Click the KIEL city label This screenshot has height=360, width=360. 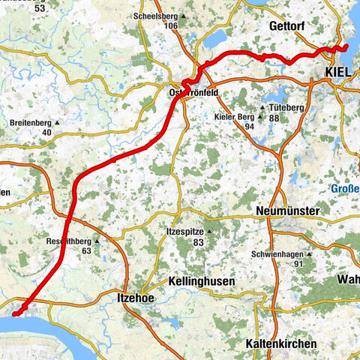point(340,70)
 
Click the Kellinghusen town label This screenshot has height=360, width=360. point(200,280)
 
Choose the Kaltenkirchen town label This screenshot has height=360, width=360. point(281,343)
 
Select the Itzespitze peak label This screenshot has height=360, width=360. point(184,232)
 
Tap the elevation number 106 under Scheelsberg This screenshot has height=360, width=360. point(172,25)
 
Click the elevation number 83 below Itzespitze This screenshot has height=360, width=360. point(197,242)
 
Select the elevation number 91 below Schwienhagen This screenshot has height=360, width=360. point(297,264)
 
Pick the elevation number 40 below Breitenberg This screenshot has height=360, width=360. point(47,133)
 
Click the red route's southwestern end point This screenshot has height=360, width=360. point(15,313)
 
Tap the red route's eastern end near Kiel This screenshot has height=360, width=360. point(346,48)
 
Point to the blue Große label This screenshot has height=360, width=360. point(346,189)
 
